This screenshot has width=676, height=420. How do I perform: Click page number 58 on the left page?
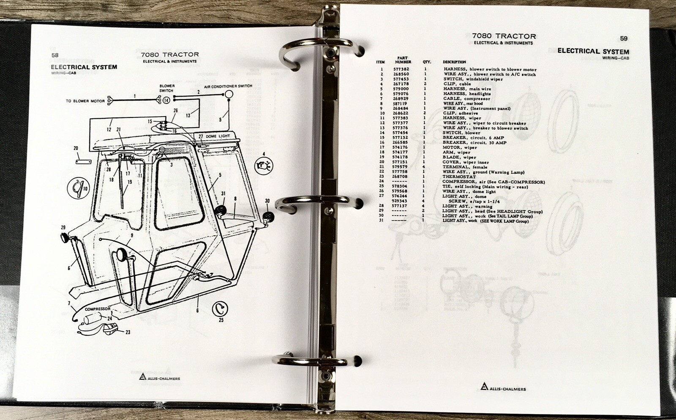[x=55, y=55]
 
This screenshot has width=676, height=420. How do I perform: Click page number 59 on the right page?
[x=624, y=38]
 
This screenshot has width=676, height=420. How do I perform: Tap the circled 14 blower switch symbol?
[x=166, y=100]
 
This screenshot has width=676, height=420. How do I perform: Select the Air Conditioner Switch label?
[x=228, y=86]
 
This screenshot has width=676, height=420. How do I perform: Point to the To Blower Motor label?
[x=85, y=101]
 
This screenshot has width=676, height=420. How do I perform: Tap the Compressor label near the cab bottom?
[x=98, y=309]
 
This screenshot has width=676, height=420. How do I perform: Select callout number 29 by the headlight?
[x=63, y=228]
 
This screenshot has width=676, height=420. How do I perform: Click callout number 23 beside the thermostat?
[x=128, y=332]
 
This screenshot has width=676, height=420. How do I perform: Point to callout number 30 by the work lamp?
[x=267, y=201]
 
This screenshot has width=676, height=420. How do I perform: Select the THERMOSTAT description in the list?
[x=459, y=177]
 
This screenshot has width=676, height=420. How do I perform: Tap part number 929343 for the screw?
[x=401, y=201]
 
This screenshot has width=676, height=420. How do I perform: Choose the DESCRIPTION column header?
[x=454, y=62]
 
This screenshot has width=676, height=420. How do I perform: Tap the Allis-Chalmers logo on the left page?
[x=159, y=377]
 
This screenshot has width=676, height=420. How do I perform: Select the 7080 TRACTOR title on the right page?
[x=504, y=36]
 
